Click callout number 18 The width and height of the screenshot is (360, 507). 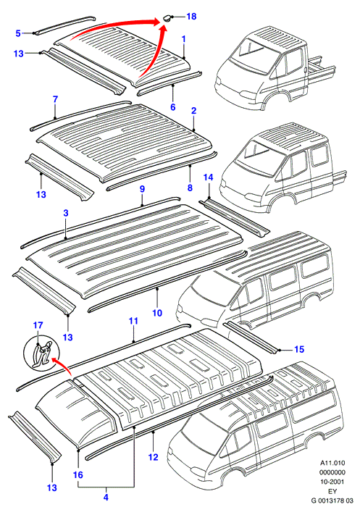[x=191, y=16]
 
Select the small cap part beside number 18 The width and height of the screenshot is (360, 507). [x=168, y=18]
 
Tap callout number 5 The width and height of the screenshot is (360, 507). [x=18, y=33]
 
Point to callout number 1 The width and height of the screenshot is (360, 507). [x=184, y=39]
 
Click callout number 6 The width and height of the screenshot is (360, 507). [x=172, y=106]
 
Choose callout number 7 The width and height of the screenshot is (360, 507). [x=55, y=99]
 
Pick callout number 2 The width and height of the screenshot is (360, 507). [x=193, y=111]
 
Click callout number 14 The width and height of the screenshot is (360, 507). [x=209, y=177]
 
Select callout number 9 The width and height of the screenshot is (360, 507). [x=142, y=189]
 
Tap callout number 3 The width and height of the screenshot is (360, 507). [x=66, y=213]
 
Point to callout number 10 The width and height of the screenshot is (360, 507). [x=157, y=313]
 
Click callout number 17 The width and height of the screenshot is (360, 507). [x=38, y=325]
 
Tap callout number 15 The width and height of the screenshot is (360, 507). [x=299, y=349]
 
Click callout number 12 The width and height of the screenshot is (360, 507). [x=153, y=457]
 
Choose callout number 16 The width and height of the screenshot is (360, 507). [x=78, y=474]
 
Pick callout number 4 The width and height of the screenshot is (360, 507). [x=106, y=497]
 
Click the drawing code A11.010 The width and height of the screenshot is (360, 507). [x=332, y=463]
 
